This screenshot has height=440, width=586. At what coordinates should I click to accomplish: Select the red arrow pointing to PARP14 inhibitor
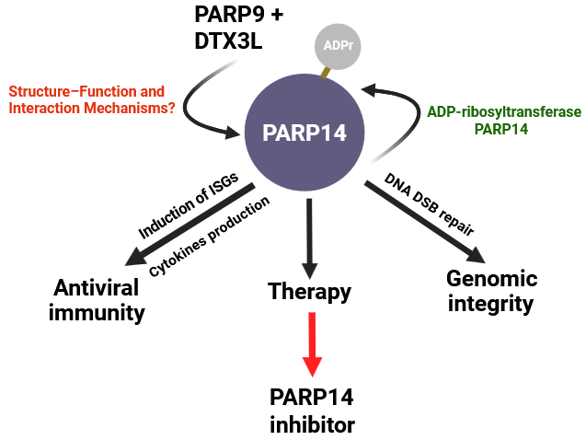click(x=312, y=343)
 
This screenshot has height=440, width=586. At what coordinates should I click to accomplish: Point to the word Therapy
click(x=309, y=292)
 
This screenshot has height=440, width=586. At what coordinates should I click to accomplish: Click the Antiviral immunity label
click(x=96, y=300)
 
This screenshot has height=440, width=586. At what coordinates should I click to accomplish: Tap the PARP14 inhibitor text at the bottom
click(x=311, y=411)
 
